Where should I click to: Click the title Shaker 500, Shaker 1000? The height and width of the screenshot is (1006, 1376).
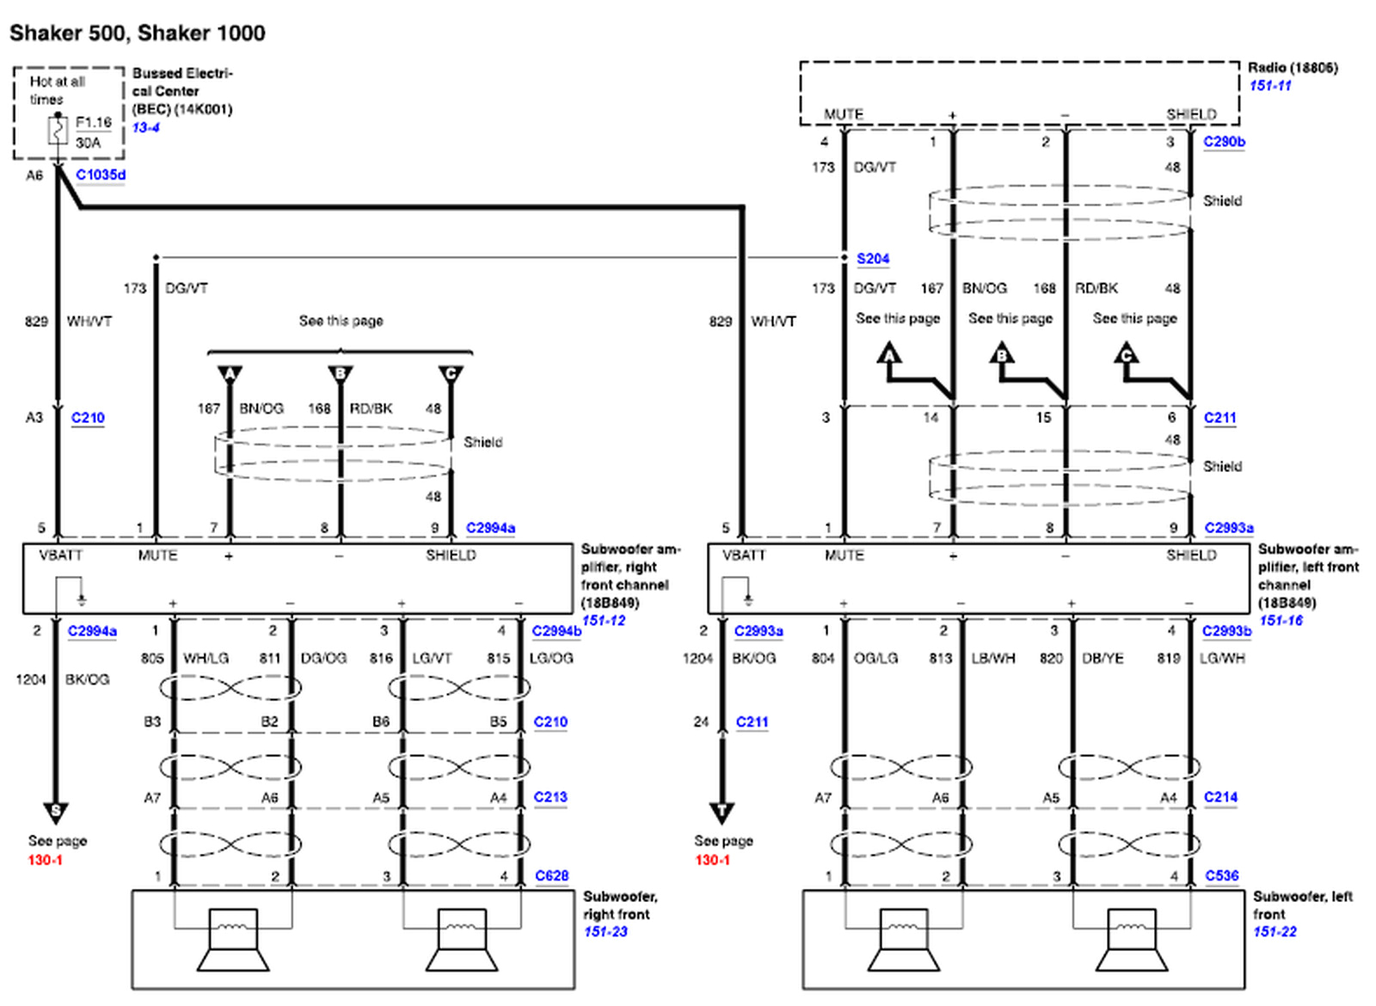138,34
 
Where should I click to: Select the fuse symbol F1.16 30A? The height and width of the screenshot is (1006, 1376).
58,132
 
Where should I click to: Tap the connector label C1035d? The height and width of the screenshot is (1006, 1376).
101,175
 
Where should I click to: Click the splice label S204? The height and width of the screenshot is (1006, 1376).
873,259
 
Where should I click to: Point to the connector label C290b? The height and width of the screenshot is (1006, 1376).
1224,142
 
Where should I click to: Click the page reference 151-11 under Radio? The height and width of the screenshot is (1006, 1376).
1270,86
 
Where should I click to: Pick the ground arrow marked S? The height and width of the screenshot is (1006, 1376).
56,811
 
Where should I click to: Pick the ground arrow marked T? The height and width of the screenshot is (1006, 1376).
722,811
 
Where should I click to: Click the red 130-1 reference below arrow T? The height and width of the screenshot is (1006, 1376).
712,860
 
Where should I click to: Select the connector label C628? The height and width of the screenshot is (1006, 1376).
551,875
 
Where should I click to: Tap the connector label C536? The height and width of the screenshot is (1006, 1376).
1221,875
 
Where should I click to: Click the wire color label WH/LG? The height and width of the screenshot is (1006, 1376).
206,658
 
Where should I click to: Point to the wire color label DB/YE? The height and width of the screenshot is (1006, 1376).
1103,658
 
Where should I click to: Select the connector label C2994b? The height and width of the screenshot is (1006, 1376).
556,631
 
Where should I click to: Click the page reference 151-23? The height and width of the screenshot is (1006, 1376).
605,932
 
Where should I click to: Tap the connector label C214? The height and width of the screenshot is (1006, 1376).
1220,797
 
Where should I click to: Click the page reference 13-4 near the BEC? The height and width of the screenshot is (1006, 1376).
145,128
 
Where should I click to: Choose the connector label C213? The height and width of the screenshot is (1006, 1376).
550,797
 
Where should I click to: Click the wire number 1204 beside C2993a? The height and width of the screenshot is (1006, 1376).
697,659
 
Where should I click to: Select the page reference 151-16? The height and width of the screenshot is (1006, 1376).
1281,621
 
